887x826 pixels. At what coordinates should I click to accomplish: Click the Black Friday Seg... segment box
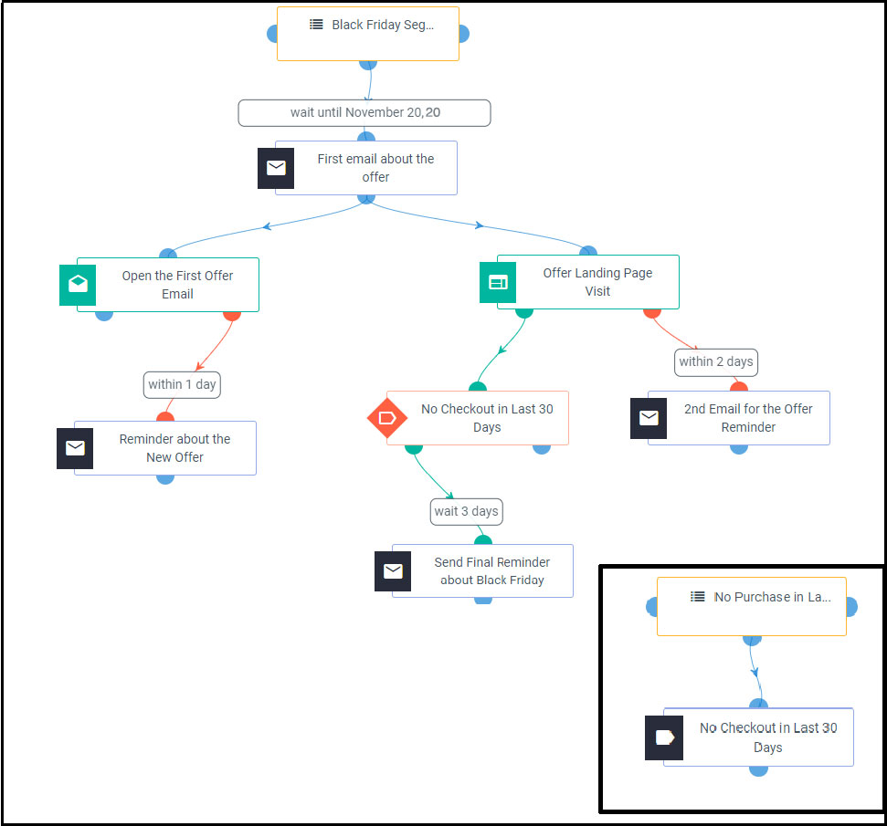(368, 35)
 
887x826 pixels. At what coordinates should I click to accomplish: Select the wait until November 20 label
(364, 113)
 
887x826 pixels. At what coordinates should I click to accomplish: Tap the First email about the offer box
(375, 168)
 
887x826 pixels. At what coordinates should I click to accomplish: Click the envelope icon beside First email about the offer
(276, 168)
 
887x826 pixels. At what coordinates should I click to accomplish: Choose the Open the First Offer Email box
(177, 285)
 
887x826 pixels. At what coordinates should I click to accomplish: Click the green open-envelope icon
(78, 285)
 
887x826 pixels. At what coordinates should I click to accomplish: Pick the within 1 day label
(182, 384)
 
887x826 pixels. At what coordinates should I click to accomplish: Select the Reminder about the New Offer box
(174, 448)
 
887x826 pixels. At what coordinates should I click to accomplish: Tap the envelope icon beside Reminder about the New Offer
(75, 448)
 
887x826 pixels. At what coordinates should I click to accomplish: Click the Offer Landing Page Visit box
(597, 282)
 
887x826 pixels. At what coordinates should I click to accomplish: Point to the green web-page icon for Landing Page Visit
(498, 283)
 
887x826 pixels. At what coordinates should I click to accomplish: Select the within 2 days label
(716, 361)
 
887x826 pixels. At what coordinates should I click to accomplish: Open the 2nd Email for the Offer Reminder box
(748, 418)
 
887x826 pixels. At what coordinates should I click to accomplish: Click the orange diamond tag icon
(386, 418)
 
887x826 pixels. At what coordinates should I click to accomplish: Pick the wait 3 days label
(466, 511)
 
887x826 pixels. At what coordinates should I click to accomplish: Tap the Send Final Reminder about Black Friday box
(491, 571)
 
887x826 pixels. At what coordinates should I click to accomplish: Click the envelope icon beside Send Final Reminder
(393, 571)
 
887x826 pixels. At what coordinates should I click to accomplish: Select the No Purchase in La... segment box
(752, 606)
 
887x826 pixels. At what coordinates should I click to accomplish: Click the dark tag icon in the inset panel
(664, 737)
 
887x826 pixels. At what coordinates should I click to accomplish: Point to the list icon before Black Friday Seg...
(316, 25)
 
